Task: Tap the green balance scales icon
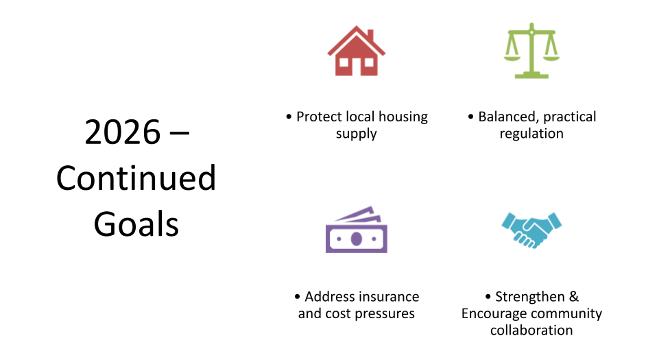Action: pos(531,51)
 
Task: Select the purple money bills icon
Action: pos(357,230)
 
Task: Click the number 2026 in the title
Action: pos(122,132)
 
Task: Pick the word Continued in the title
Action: pos(136,178)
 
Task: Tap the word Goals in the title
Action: pos(136,224)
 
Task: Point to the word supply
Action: pos(357,134)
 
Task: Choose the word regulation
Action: pos(531,134)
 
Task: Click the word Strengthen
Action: pos(530,297)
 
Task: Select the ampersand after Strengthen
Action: pos(574,297)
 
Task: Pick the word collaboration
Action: pos(531,331)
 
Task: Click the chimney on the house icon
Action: pos(370,35)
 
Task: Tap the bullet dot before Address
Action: pos(298,297)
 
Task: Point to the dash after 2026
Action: pos(180,134)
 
